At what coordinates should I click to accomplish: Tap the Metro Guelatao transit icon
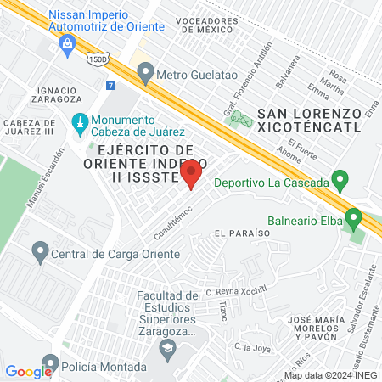pyautogui.click(x=145, y=75)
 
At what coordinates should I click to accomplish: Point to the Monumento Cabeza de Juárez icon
pyautogui.click(x=80, y=124)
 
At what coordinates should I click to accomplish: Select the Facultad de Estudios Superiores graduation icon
pyautogui.click(x=168, y=345)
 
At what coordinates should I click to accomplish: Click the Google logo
pyautogui.click(x=28, y=371)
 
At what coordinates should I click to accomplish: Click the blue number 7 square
pyautogui.click(x=110, y=85)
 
